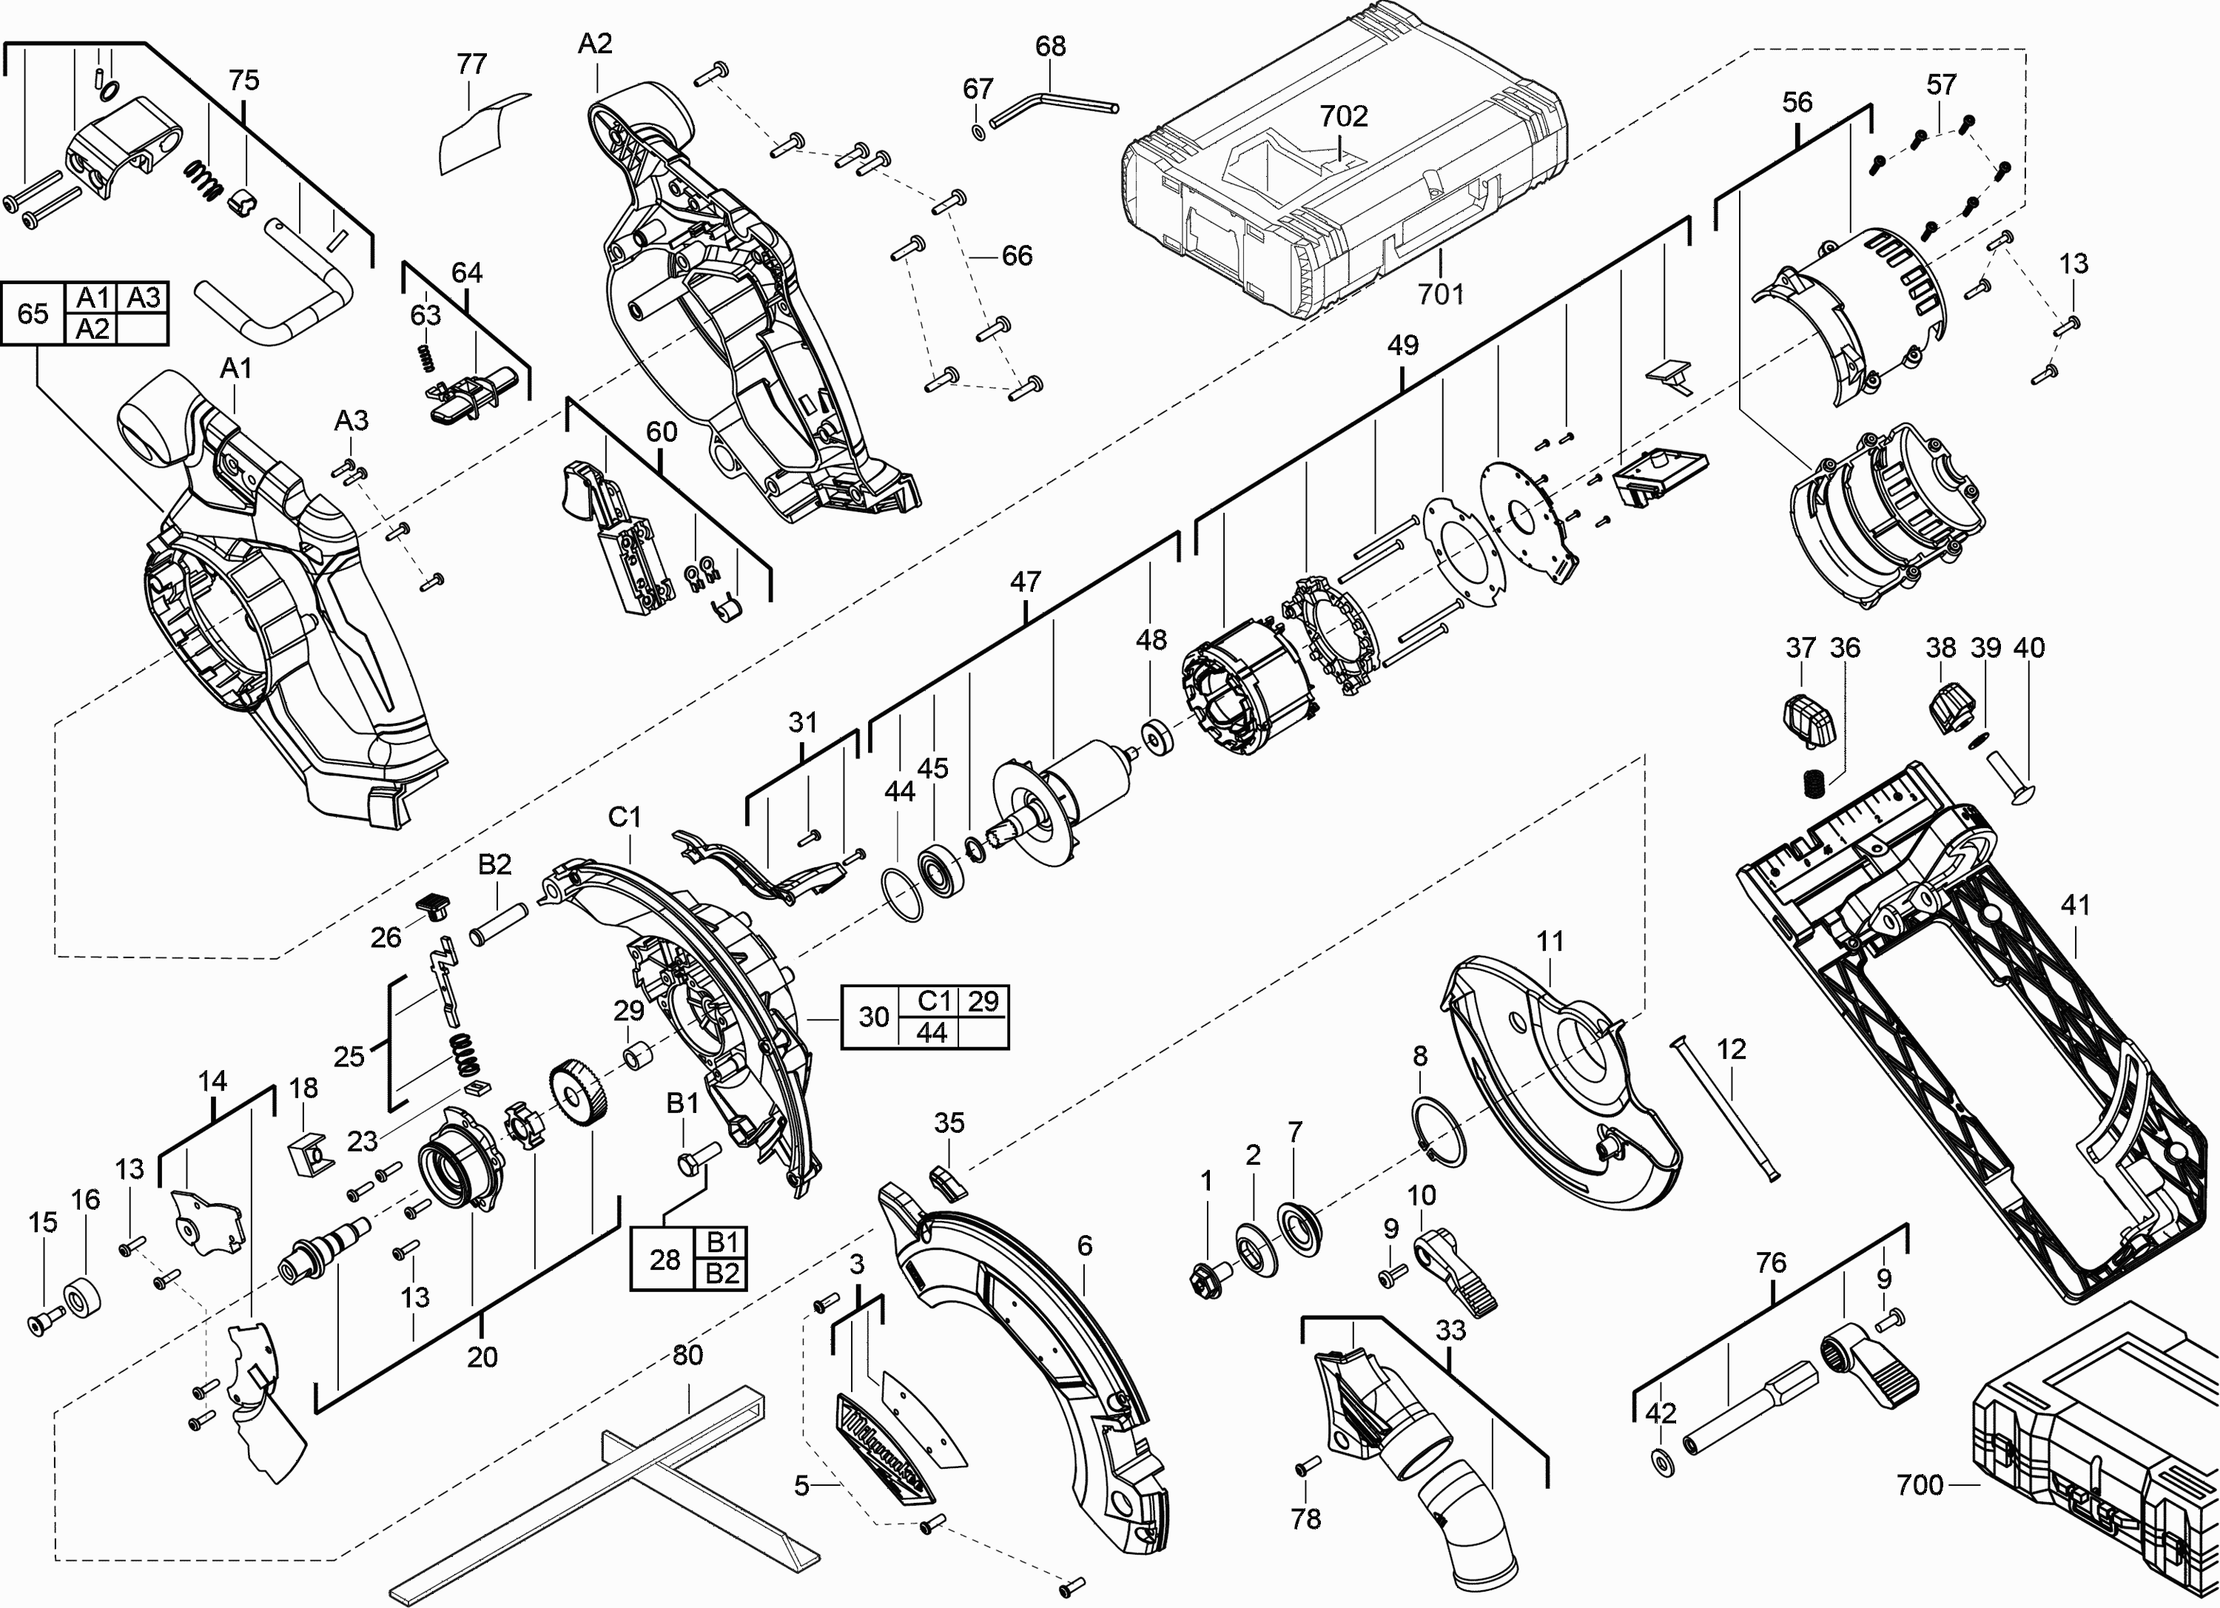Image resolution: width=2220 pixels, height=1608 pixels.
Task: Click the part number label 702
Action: (x=1343, y=116)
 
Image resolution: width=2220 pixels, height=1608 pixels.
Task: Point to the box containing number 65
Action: (x=33, y=314)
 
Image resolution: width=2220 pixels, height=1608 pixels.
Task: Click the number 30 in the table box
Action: (x=873, y=1017)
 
